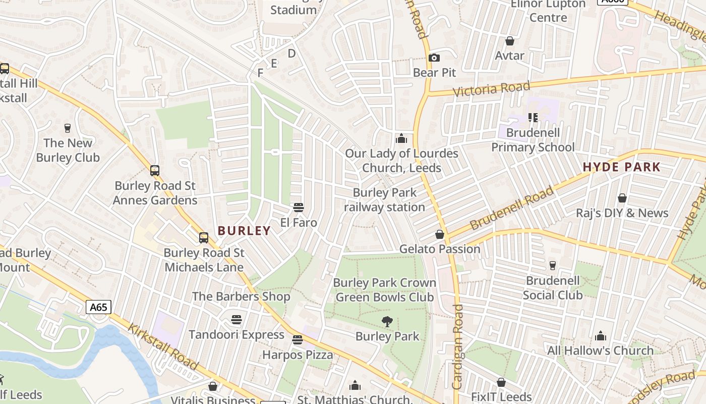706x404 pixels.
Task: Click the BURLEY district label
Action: point(244,231)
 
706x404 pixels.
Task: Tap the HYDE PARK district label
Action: point(621,167)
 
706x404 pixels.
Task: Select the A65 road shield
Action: point(98,307)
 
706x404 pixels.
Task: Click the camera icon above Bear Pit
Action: point(434,58)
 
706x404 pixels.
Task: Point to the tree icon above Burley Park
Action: point(387,321)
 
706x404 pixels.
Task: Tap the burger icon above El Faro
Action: point(299,208)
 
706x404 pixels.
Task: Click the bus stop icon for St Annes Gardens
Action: point(155,171)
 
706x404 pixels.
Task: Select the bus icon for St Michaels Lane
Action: point(204,238)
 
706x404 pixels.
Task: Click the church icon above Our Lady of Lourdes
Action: point(401,138)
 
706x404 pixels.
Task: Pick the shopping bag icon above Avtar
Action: point(510,41)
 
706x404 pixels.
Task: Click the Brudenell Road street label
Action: point(511,208)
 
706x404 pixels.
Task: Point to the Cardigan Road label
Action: point(457,346)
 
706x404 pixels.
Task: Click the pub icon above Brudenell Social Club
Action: point(553,265)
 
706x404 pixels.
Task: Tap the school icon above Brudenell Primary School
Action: point(533,118)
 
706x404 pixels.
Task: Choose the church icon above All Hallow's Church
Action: point(600,336)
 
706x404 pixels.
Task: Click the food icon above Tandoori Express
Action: point(237,320)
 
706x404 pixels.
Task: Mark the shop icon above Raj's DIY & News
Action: point(622,198)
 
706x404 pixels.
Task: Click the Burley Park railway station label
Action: point(385,200)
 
